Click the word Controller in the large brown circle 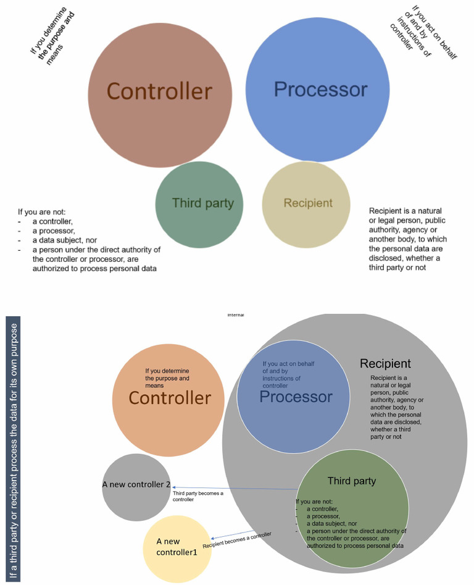(159, 91)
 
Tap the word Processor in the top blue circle (320, 90)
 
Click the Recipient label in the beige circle (307, 203)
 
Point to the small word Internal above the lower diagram (236, 315)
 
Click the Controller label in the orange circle (169, 398)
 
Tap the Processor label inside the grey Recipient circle (296, 397)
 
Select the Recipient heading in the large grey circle (385, 363)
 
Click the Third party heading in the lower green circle (351, 481)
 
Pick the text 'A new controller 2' (136, 484)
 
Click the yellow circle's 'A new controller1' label (177, 547)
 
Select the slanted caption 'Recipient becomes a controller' (237, 540)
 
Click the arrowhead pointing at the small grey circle (175, 487)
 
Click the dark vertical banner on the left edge (12, 449)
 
